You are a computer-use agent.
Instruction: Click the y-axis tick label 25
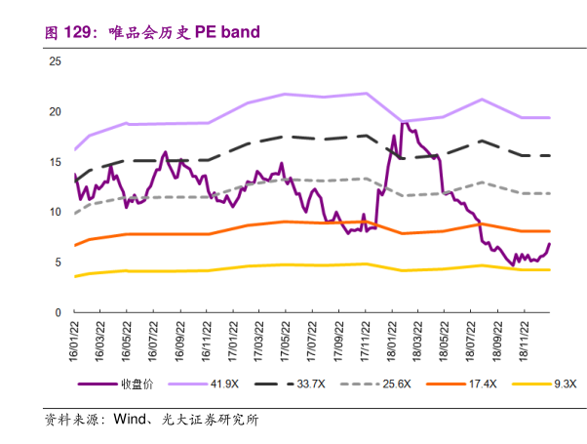coord(55,61)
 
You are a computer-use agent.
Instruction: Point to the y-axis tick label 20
coord(55,111)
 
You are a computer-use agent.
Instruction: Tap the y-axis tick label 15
coord(55,162)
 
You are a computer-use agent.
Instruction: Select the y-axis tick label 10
coord(55,212)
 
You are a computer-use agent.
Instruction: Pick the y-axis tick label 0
coord(58,312)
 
